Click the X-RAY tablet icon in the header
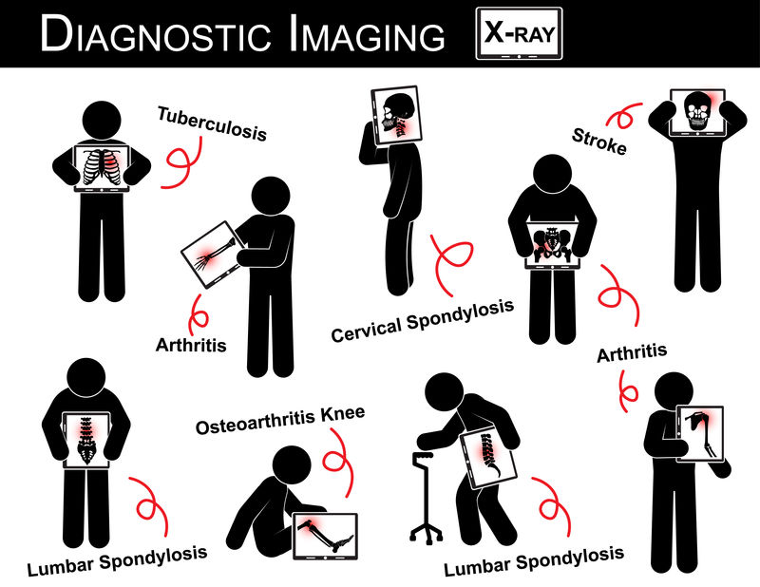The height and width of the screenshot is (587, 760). tap(519, 33)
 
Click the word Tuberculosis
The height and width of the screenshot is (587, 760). tap(212, 123)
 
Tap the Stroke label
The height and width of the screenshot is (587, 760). tap(599, 142)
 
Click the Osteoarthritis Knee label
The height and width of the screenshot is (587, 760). tap(280, 420)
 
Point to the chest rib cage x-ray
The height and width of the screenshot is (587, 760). tap(102, 168)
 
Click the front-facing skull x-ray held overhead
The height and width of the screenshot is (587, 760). tap(697, 113)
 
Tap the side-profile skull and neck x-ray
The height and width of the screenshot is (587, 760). tap(396, 116)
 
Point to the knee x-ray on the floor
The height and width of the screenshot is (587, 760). tap(326, 536)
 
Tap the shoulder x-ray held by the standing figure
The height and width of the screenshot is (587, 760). tap(700, 434)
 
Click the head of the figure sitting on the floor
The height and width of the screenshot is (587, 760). tap(292, 464)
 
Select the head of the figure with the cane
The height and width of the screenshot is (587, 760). tap(444, 392)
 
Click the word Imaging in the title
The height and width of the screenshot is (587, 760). tap(367, 34)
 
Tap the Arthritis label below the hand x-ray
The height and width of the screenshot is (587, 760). tap(191, 345)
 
